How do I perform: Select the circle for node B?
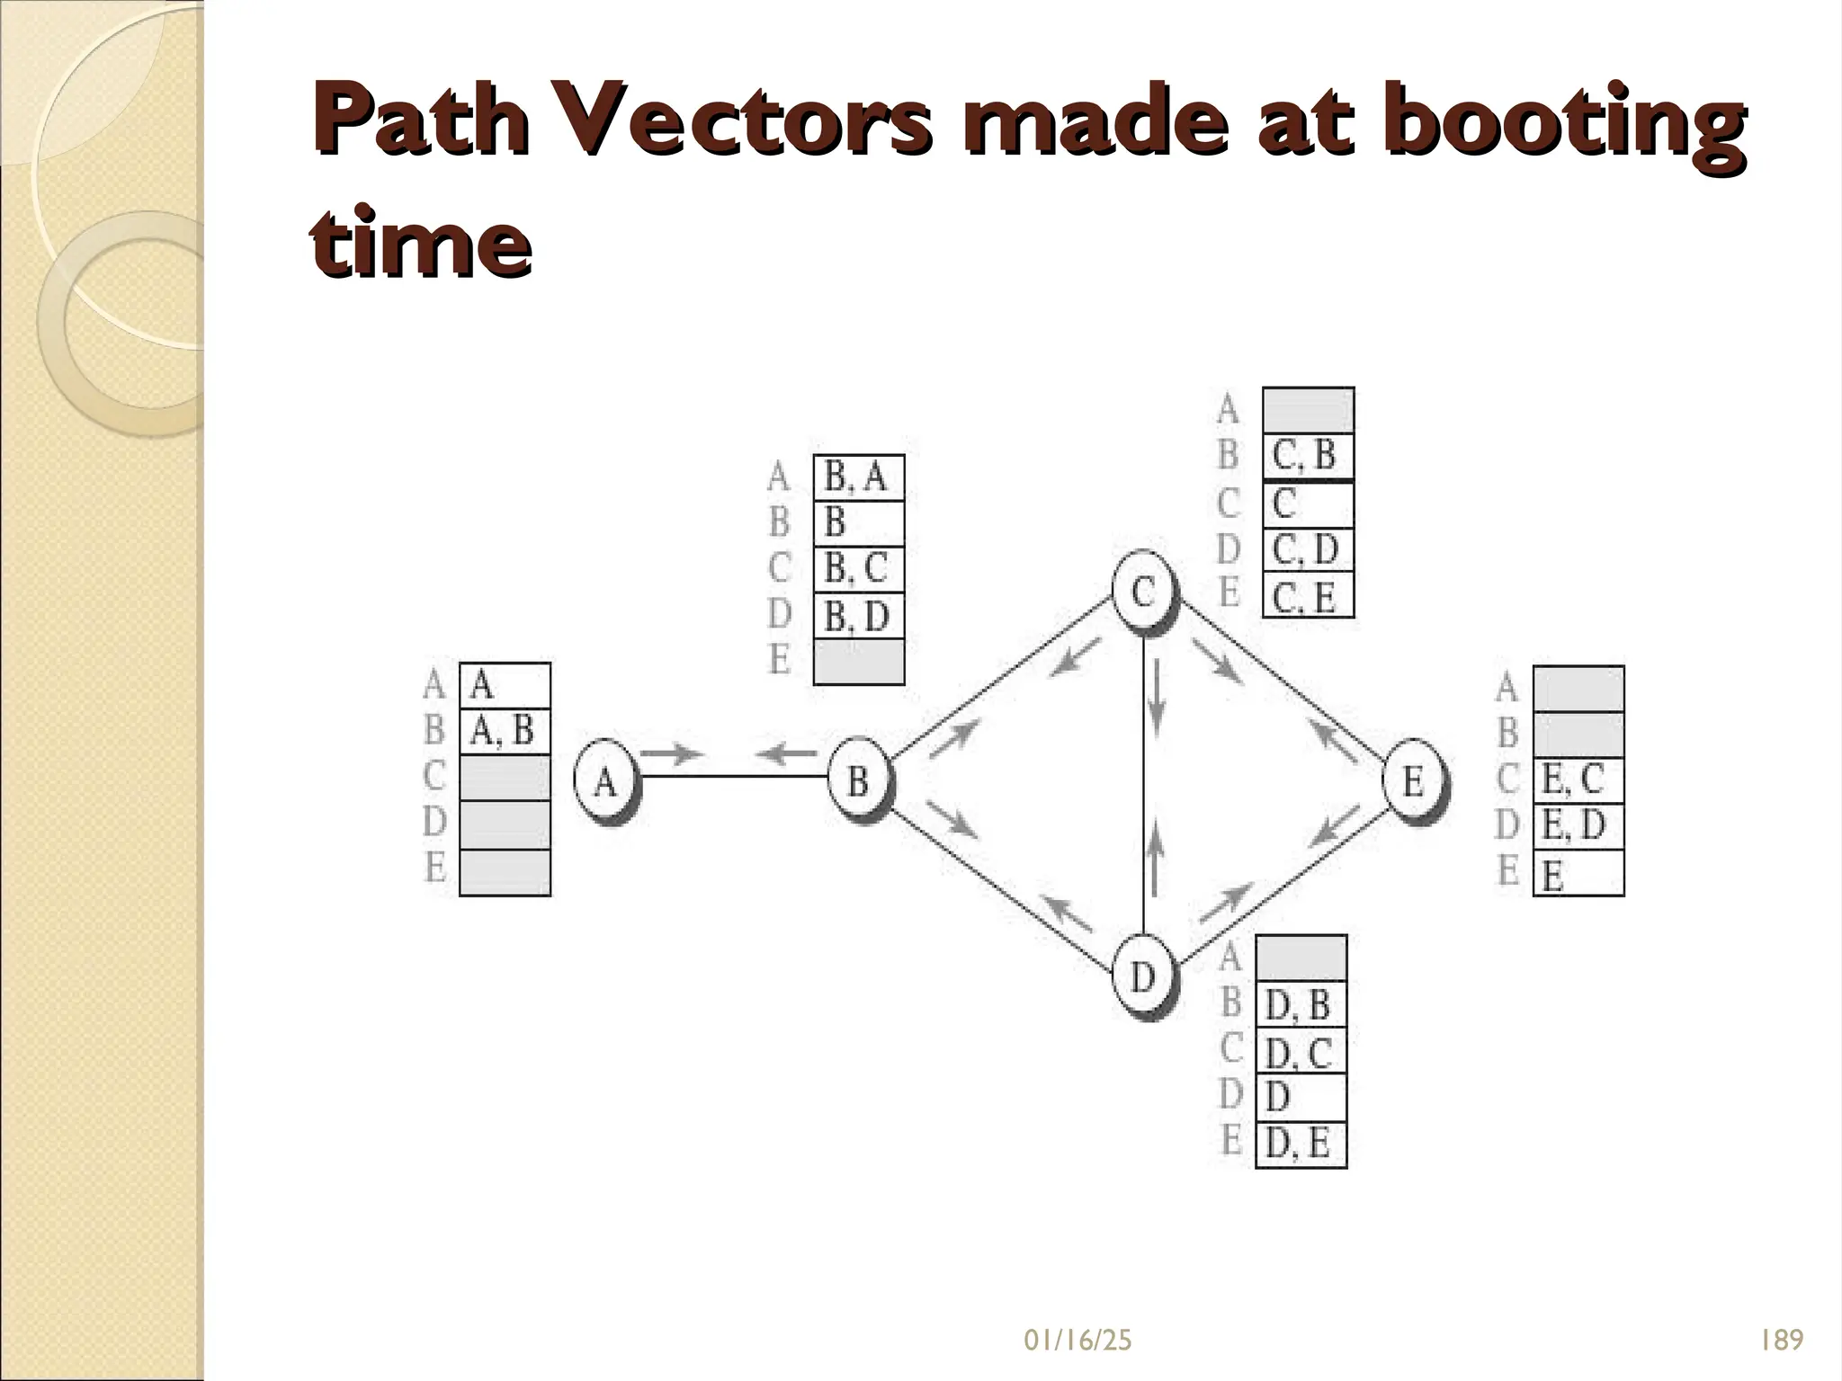pyautogui.click(x=858, y=780)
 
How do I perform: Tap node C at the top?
pyautogui.click(x=1142, y=592)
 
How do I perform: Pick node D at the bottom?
pyautogui.click(x=1142, y=975)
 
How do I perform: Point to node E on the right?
pyautogui.click(x=1414, y=780)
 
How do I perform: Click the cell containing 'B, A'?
pyautogui.click(x=858, y=477)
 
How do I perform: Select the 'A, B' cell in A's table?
pyautogui.click(x=505, y=731)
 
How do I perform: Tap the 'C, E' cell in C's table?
pyautogui.click(x=1308, y=596)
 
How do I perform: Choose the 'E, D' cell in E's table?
pyautogui.click(x=1578, y=825)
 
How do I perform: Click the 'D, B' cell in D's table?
pyautogui.click(x=1301, y=1004)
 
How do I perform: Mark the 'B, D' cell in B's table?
pyautogui.click(x=858, y=616)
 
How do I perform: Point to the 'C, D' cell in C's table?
pyautogui.click(x=1308, y=549)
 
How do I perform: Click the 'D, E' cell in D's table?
pyautogui.click(x=1301, y=1145)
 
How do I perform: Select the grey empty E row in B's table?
pyautogui.click(x=858, y=662)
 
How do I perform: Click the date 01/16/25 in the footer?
pyautogui.click(x=1077, y=1341)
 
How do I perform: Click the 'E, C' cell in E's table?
pyautogui.click(x=1578, y=780)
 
